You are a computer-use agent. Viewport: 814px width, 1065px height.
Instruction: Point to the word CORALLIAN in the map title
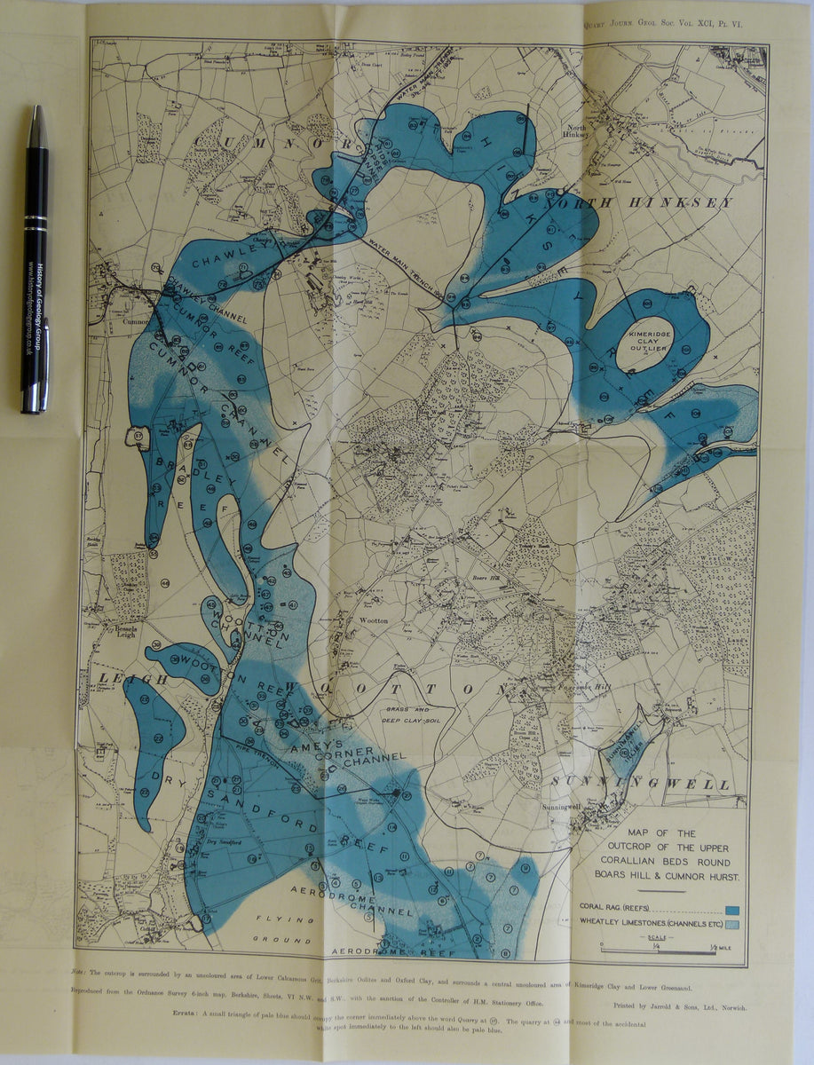tap(635, 862)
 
